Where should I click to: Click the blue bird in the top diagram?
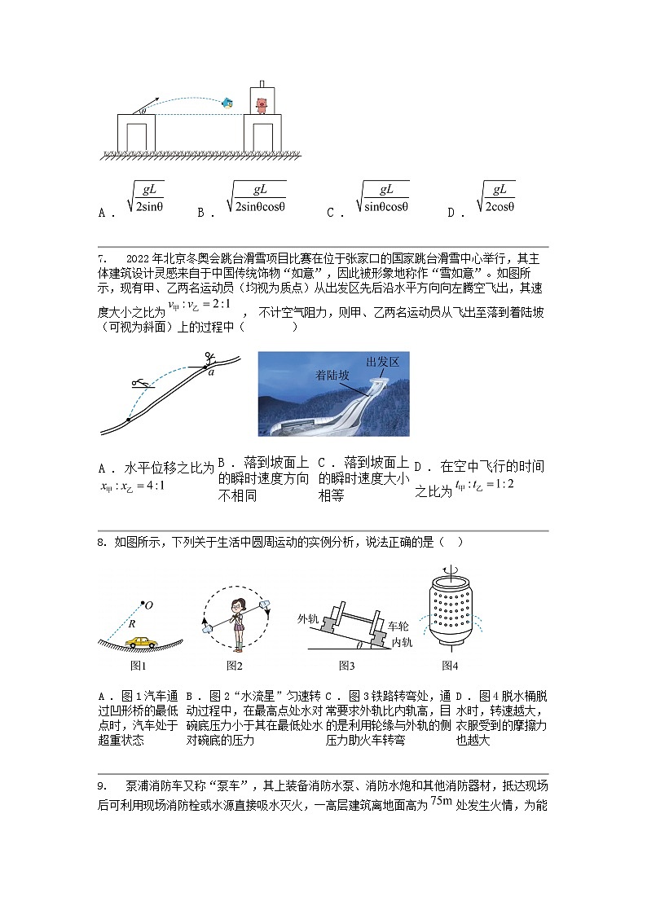(228, 103)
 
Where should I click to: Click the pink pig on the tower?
(261, 104)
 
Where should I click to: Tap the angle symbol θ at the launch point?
(143, 109)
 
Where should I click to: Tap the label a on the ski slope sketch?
(210, 372)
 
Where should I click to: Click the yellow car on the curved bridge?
(142, 641)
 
